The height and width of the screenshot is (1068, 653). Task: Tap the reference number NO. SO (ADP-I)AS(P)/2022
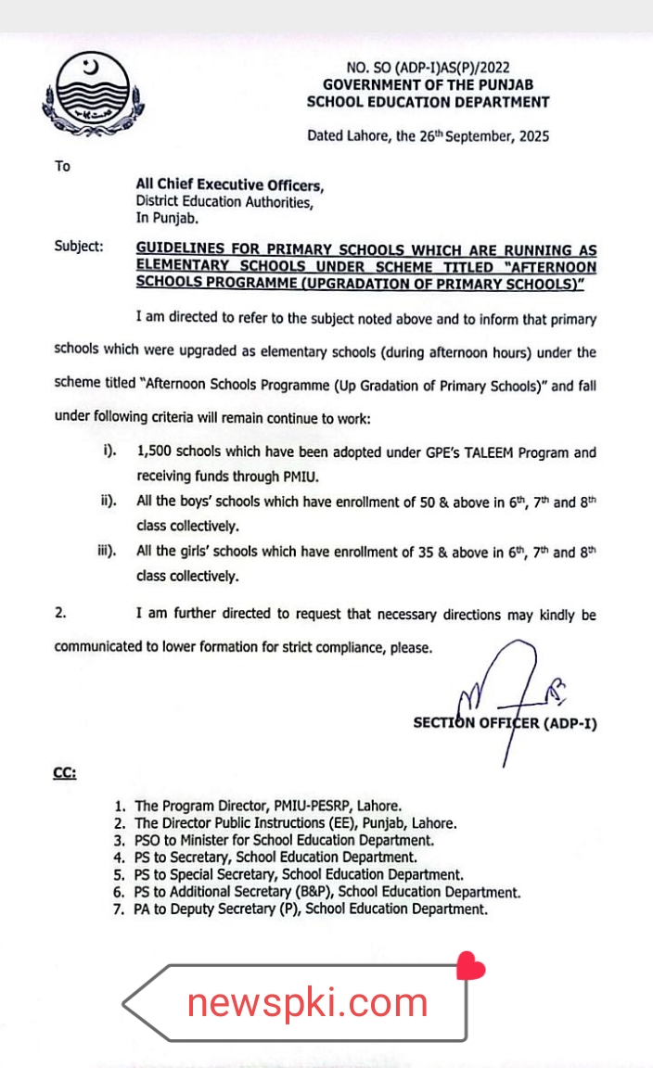428,68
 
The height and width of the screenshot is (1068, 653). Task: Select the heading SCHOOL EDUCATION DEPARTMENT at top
428,102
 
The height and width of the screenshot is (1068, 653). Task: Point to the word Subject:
80,248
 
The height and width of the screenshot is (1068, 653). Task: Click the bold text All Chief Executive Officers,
230,185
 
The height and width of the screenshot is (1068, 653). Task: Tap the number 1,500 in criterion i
154,453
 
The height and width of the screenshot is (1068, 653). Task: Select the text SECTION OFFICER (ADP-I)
505,723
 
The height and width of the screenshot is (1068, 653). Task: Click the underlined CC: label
64,771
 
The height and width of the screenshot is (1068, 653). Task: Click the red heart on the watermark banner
471,968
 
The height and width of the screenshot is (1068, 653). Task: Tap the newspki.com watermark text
307,1002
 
